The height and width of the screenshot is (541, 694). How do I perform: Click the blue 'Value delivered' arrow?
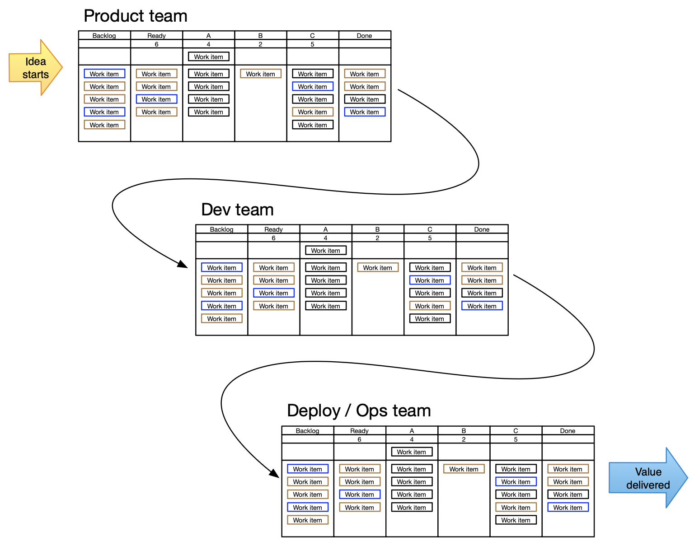(647, 478)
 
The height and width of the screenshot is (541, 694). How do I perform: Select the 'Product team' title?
(136, 16)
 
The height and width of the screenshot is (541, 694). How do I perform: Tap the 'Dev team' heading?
(237, 210)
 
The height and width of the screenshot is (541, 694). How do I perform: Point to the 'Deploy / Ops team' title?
(359, 411)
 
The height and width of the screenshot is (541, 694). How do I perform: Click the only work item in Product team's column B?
(260, 74)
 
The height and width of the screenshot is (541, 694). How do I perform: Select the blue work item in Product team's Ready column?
(156, 99)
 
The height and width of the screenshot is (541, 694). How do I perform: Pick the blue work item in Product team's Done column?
(365, 112)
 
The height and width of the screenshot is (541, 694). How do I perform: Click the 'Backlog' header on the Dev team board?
(221, 229)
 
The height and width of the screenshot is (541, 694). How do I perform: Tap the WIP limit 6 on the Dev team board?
(273, 238)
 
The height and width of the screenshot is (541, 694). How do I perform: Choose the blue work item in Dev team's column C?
(430, 280)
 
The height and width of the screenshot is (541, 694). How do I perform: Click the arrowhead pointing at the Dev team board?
(183, 264)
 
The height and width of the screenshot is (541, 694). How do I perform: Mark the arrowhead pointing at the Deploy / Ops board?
(274, 473)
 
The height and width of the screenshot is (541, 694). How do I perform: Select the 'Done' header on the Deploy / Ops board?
(567, 431)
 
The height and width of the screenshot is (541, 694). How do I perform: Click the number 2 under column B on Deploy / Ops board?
(464, 439)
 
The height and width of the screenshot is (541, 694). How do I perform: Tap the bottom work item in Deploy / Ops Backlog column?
(308, 520)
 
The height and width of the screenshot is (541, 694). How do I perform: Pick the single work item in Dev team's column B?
(378, 268)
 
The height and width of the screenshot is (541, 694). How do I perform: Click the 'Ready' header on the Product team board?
(156, 36)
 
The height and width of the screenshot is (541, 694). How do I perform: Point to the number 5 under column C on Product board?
(312, 44)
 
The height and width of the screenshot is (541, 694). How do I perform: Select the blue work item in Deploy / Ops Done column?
(568, 508)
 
